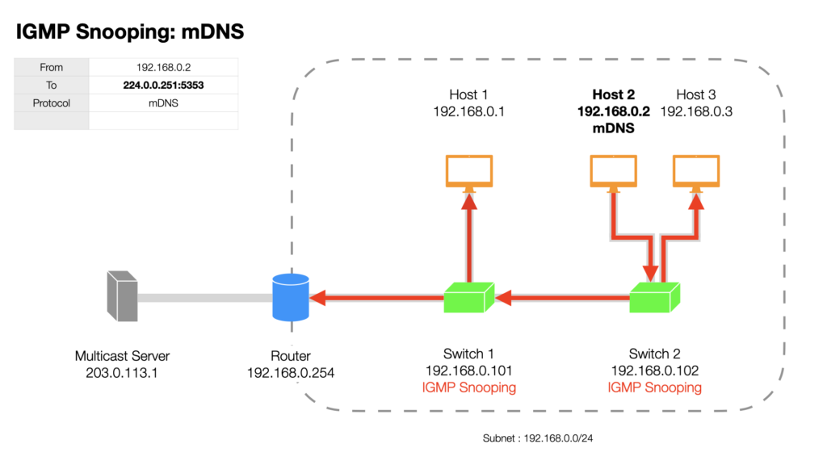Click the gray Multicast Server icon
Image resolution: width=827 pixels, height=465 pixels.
click(123, 296)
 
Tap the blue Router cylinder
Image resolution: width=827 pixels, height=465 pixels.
click(291, 297)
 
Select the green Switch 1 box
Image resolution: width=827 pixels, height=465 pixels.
click(469, 298)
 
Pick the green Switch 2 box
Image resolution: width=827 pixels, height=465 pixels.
click(654, 298)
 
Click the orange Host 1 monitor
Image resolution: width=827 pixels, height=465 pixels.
click(469, 172)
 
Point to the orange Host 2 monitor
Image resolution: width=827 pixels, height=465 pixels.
click(614, 172)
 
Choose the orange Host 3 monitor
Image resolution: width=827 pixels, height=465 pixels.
click(696, 172)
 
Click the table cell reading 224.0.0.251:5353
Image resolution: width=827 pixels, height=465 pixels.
click(163, 86)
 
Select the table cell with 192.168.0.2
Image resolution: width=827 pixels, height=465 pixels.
click(163, 68)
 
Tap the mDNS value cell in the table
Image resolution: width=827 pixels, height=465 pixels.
click(163, 103)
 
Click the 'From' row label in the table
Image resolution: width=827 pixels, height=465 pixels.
click(51, 68)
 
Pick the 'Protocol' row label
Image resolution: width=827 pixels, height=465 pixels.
click(51, 103)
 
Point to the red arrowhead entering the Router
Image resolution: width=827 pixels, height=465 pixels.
click(317, 298)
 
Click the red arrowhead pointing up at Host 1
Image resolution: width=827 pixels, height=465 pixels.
click(469, 202)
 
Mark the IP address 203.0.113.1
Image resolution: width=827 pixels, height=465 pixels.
click(122, 373)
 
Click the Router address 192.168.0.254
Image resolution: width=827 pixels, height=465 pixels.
click(291, 373)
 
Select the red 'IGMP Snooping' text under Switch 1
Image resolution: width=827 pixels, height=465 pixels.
click(469, 387)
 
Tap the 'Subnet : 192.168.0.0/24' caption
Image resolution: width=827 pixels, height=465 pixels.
click(537, 438)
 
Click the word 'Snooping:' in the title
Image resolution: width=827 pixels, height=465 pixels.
click(125, 32)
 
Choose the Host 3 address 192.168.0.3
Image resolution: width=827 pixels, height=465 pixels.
click(696, 111)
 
